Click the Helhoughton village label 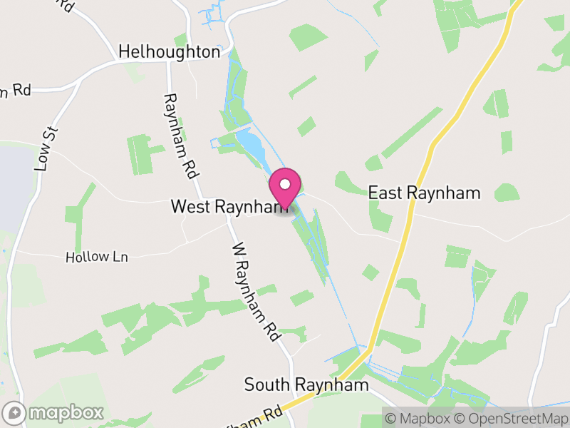coord(170,51)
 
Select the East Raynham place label coord(424,193)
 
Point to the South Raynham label coord(306,385)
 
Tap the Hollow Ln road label coord(97,257)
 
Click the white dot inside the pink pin coord(285,184)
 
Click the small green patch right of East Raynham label coord(507,192)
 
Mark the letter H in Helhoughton coord(125,51)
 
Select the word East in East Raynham coord(384,193)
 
